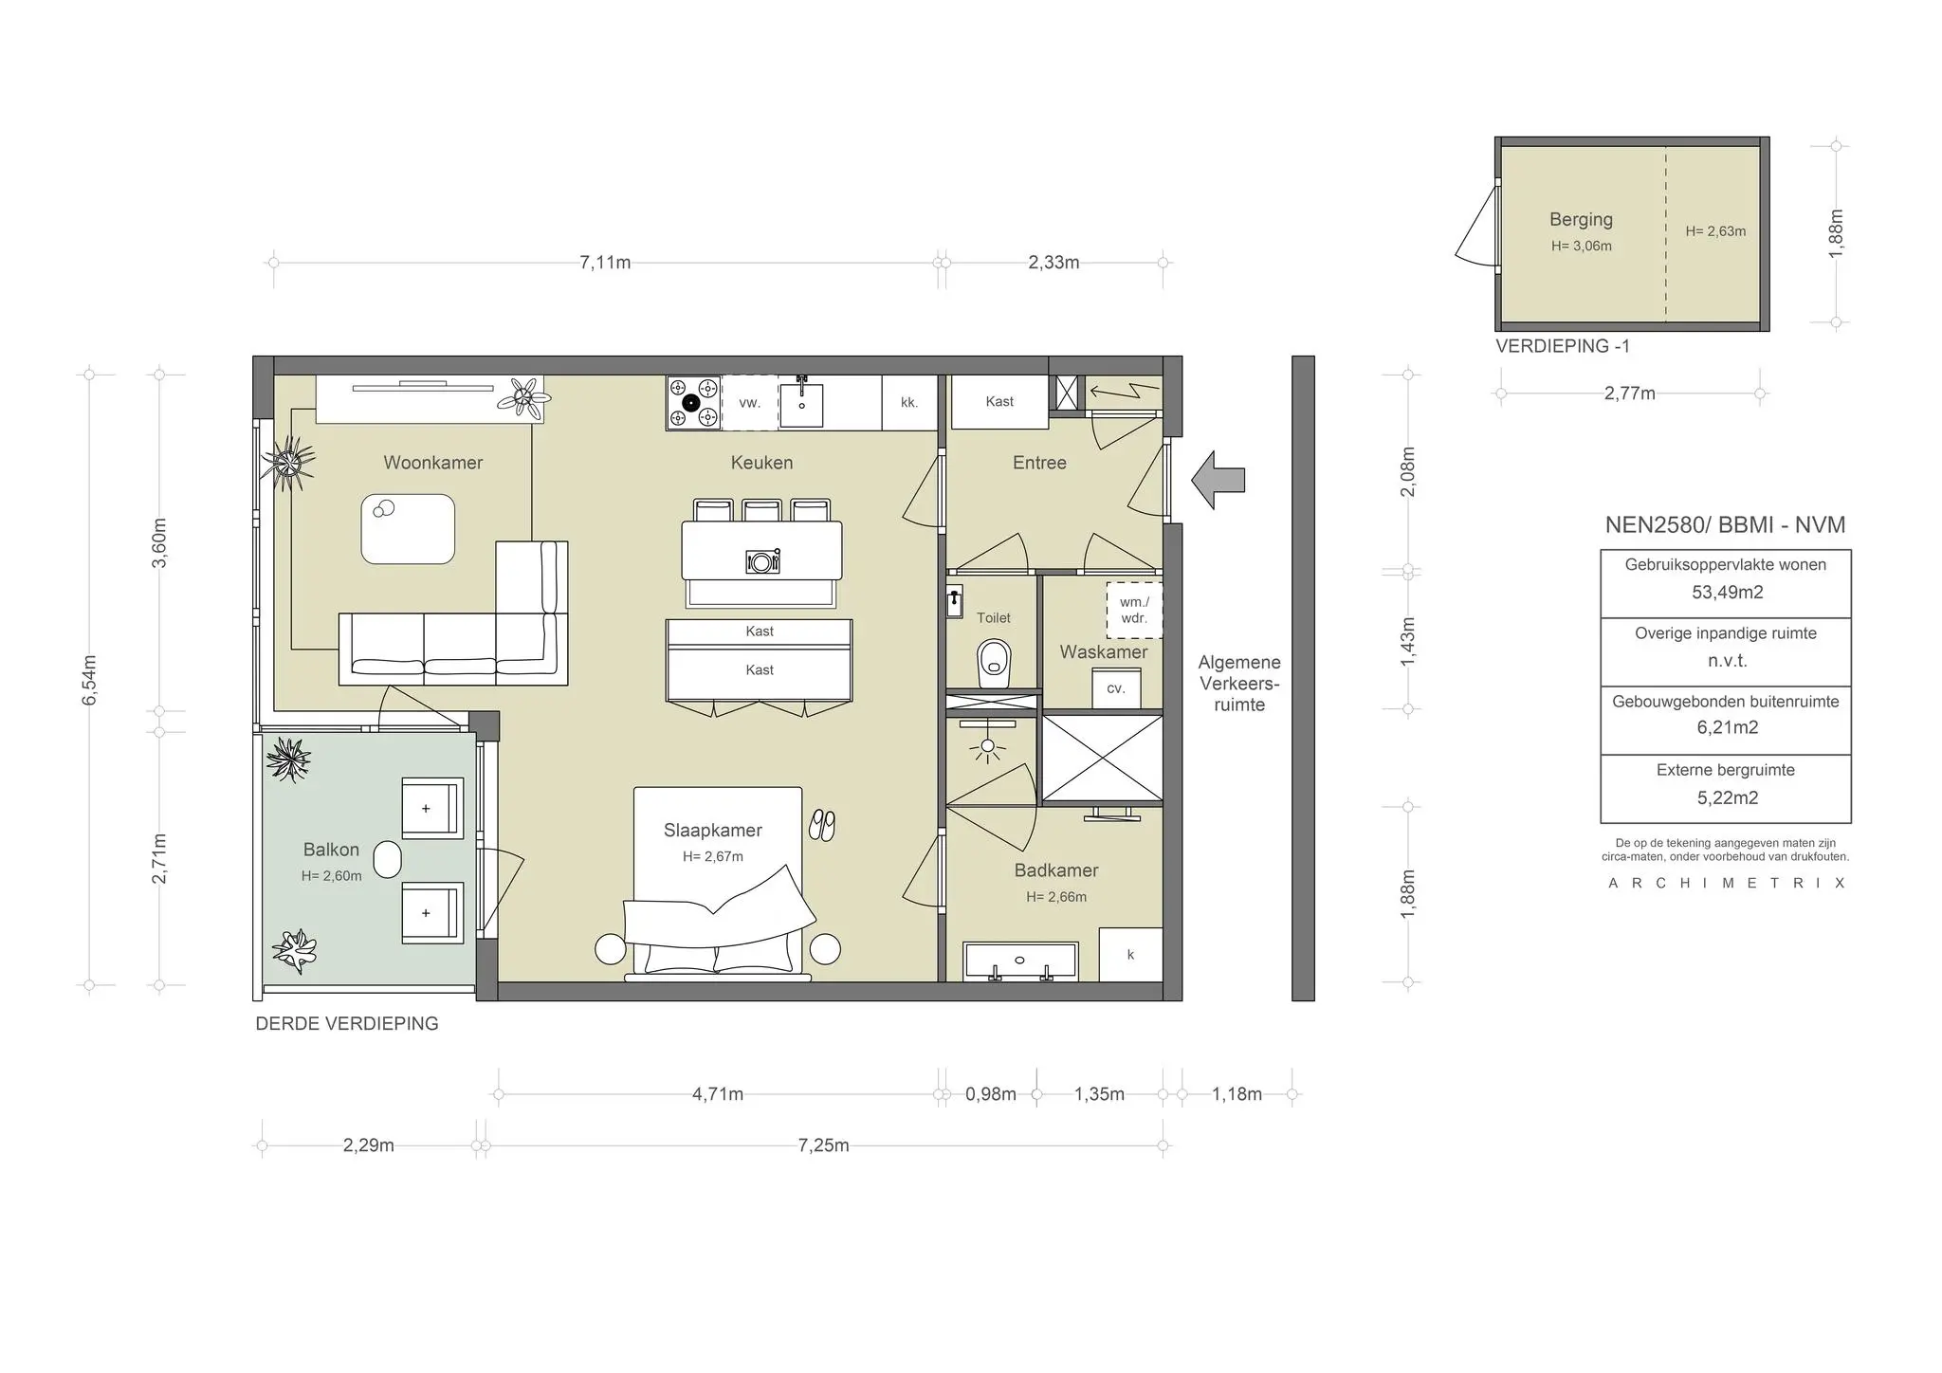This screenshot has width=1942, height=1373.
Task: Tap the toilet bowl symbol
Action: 994,662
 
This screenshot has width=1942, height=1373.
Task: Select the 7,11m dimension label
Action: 605,263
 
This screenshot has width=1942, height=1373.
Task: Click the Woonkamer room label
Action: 432,463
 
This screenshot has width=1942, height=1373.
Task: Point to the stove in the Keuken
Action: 693,403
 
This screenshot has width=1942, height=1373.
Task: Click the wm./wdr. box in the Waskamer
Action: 1134,610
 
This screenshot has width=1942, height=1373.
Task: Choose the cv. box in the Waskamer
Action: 1116,688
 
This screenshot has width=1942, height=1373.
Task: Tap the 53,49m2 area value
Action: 1727,593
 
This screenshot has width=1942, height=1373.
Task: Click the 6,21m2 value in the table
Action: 1727,728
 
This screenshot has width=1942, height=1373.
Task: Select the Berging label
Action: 1581,219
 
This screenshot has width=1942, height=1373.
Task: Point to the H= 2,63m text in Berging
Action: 1715,231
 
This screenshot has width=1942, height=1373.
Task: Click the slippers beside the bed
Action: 822,825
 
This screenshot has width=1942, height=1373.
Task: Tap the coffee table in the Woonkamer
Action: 408,529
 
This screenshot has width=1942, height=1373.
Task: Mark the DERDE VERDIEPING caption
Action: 347,1024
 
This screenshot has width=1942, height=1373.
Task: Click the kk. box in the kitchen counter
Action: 909,403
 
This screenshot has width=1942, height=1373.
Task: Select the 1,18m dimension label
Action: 1237,1094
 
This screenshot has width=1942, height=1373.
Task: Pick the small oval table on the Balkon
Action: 388,860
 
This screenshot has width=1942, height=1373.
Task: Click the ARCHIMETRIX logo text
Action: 1727,883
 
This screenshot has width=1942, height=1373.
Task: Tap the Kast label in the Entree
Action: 999,401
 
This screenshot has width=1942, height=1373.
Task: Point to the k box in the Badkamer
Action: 1130,955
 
